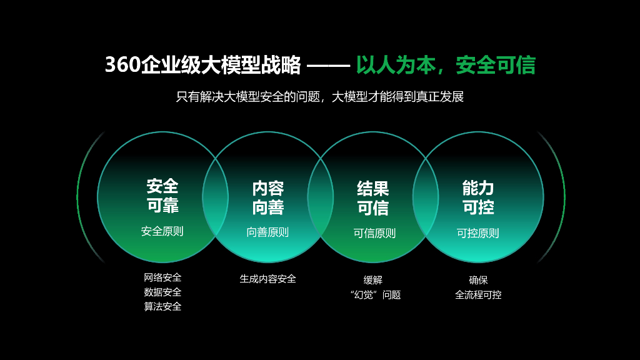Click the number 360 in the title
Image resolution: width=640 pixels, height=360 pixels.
coord(122,65)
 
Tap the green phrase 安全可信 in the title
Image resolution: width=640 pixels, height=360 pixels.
coord(495,65)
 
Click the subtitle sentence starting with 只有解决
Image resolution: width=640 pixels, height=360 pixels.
coord(319,97)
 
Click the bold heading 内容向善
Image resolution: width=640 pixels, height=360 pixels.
coord(267,197)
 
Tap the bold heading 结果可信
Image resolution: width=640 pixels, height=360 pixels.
coord(372,197)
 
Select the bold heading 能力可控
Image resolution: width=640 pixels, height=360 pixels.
coord(477,197)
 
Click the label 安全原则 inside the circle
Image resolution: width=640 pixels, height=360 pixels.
coord(162,231)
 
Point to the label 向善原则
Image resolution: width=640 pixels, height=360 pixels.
coord(267,232)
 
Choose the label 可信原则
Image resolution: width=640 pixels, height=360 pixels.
coord(374,233)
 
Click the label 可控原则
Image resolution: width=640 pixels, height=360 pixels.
coord(477,233)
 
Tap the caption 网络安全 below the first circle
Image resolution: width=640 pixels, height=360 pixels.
coord(162,277)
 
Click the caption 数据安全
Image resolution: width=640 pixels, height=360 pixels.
coord(162,292)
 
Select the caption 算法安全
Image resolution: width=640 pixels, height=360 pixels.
coord(162,306)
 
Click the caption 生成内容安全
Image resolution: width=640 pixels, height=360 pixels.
coord(267,279)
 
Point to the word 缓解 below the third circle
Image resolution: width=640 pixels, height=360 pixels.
coord(373,280)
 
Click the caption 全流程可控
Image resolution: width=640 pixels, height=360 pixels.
coord(478,294)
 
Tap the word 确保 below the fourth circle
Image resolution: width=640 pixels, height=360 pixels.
coord(478,280)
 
